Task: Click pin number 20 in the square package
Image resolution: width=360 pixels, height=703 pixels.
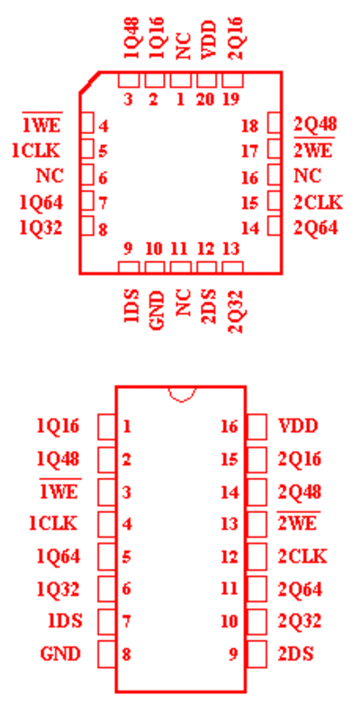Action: click(x=206, y=100)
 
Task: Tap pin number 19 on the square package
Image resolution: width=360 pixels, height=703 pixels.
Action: click(x=231, y=100)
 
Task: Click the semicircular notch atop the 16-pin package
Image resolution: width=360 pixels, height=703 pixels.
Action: click(x=182, y=394)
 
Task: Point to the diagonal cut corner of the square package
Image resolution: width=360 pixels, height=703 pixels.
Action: click(x=89, y=82)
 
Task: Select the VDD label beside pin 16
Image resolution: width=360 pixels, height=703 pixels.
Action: click(x=298, y=426)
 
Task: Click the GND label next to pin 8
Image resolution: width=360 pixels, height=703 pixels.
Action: click(x=60, y=653)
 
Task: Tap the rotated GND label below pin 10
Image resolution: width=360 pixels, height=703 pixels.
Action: click(x=156, y=311)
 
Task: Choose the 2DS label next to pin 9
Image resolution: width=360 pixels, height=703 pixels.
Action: click(x=295, y=653)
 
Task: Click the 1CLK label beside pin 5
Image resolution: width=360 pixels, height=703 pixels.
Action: click(x=35, y=151)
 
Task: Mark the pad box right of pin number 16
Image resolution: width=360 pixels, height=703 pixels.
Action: click(x=274, y=175)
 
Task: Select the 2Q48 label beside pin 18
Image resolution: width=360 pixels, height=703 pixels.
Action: click(x=315, y=124)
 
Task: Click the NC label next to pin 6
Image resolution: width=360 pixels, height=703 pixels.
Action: click(x=49, y=176)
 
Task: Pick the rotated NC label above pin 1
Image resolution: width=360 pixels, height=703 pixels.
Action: click(x=183, y=47)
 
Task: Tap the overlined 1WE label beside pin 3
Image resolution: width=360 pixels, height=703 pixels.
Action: click(x=60, y=491)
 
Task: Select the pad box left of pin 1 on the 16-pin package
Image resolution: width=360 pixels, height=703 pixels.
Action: click(x=107, y=427)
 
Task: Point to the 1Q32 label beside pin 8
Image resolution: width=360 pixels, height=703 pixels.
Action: click(x=40, y=229)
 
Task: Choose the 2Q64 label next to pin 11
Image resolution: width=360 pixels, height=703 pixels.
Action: click(x=300, y=589)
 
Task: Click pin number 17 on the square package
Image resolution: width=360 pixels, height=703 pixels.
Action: click(x=249, y=151)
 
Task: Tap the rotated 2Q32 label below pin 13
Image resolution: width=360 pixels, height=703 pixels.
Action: click(x=235, y=311)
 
